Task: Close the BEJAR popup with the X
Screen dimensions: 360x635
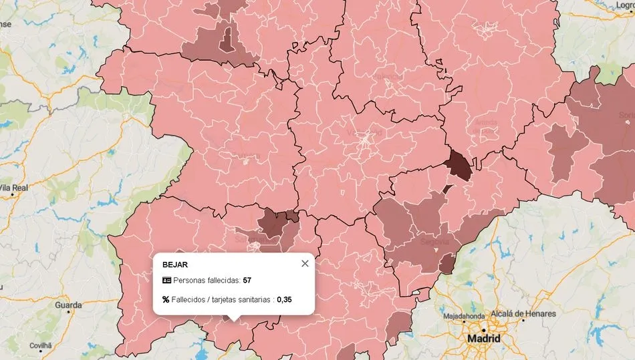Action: click(x=305, y=263)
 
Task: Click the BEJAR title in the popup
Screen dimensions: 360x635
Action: click(x=175, y=264)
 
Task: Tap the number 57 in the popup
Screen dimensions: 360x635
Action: click(x=247, y=280)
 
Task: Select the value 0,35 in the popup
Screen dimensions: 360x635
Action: click(x=285, y=300)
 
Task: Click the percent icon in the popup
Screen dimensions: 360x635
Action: click(x=166, y=300)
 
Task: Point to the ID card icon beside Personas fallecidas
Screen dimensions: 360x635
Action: click(x=166, y=280)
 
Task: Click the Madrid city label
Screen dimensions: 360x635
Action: click(x=483, y=339)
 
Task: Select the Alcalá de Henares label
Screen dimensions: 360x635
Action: click(x=523, y=314)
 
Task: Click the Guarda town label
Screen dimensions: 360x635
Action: click(x=68, y=305)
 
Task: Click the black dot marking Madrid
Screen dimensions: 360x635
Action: click(x=483, y=329)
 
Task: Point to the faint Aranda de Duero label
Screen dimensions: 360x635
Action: click(x=485, y=122)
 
